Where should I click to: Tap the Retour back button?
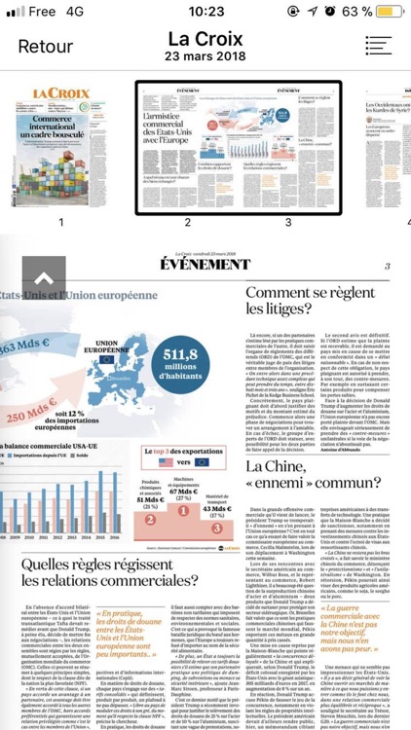(x=45, y=46)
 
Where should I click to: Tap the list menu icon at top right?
(x=380, y=46)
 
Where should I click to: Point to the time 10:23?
(x=205, y=11)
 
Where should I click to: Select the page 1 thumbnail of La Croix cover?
(x=60, y=146)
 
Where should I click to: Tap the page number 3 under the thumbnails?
(x=288, y=221)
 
